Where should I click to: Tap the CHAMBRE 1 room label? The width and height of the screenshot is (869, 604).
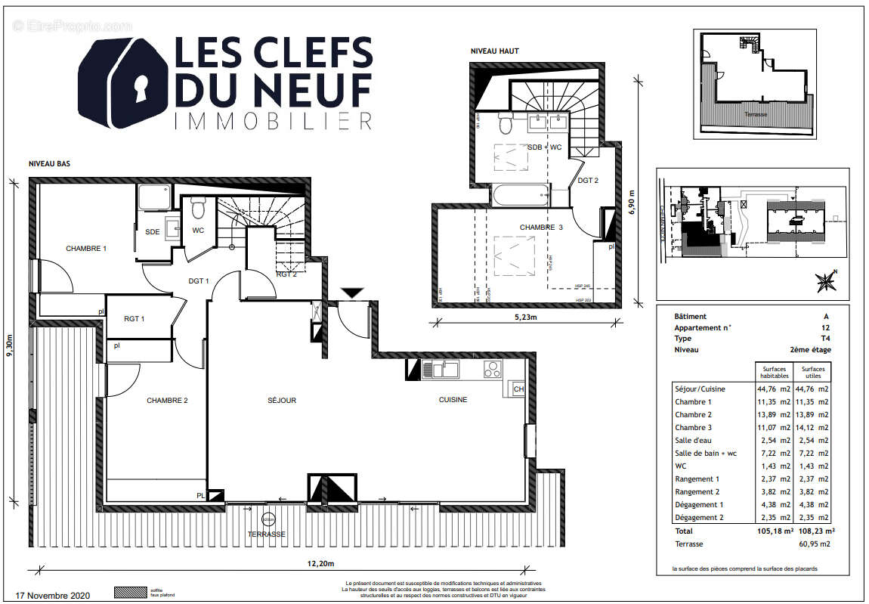[86, 249]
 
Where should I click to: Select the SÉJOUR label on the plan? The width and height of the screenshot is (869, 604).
[281, 401]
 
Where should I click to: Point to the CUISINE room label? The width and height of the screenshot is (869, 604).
[453, 400]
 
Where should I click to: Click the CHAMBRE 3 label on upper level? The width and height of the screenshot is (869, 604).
[541, 228]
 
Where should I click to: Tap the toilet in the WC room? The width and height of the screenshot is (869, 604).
[199, 207]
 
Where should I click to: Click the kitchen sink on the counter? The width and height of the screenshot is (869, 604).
[441, 370]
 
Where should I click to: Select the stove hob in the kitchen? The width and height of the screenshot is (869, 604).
[492, 370]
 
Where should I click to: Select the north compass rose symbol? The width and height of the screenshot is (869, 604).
[826, 281]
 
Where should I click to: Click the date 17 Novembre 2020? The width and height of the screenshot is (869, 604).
[53, 595]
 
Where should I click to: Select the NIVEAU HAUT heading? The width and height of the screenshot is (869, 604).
[495, 51]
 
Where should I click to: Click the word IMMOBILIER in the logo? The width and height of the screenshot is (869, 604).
[273, 121]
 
